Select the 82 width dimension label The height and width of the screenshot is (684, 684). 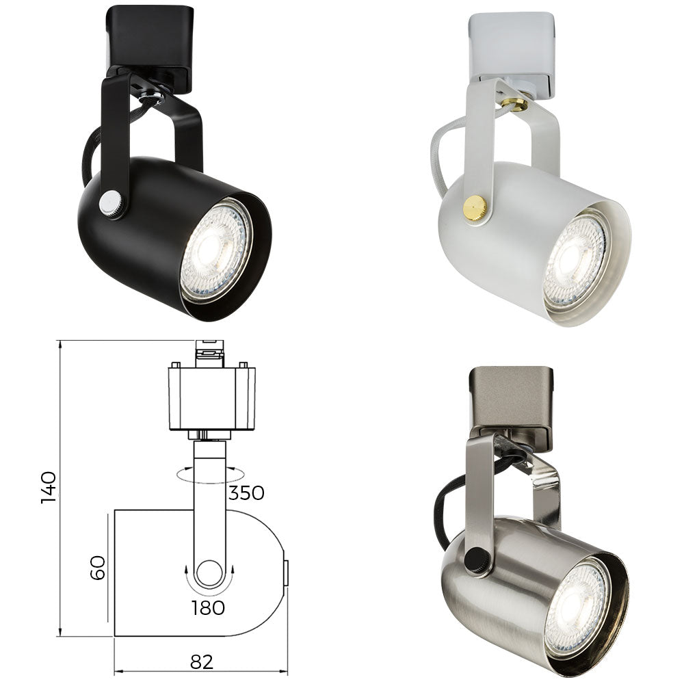coord(202,661)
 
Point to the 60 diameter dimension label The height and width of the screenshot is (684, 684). coord(98,567)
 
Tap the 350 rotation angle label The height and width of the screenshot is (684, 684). coord(246,492)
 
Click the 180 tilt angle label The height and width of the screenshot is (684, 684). coord(208,607)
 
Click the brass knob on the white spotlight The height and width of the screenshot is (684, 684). coord(475,207)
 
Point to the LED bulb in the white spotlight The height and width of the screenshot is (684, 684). coord(575,263)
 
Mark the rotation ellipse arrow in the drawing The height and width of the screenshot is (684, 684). coord(209,475)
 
